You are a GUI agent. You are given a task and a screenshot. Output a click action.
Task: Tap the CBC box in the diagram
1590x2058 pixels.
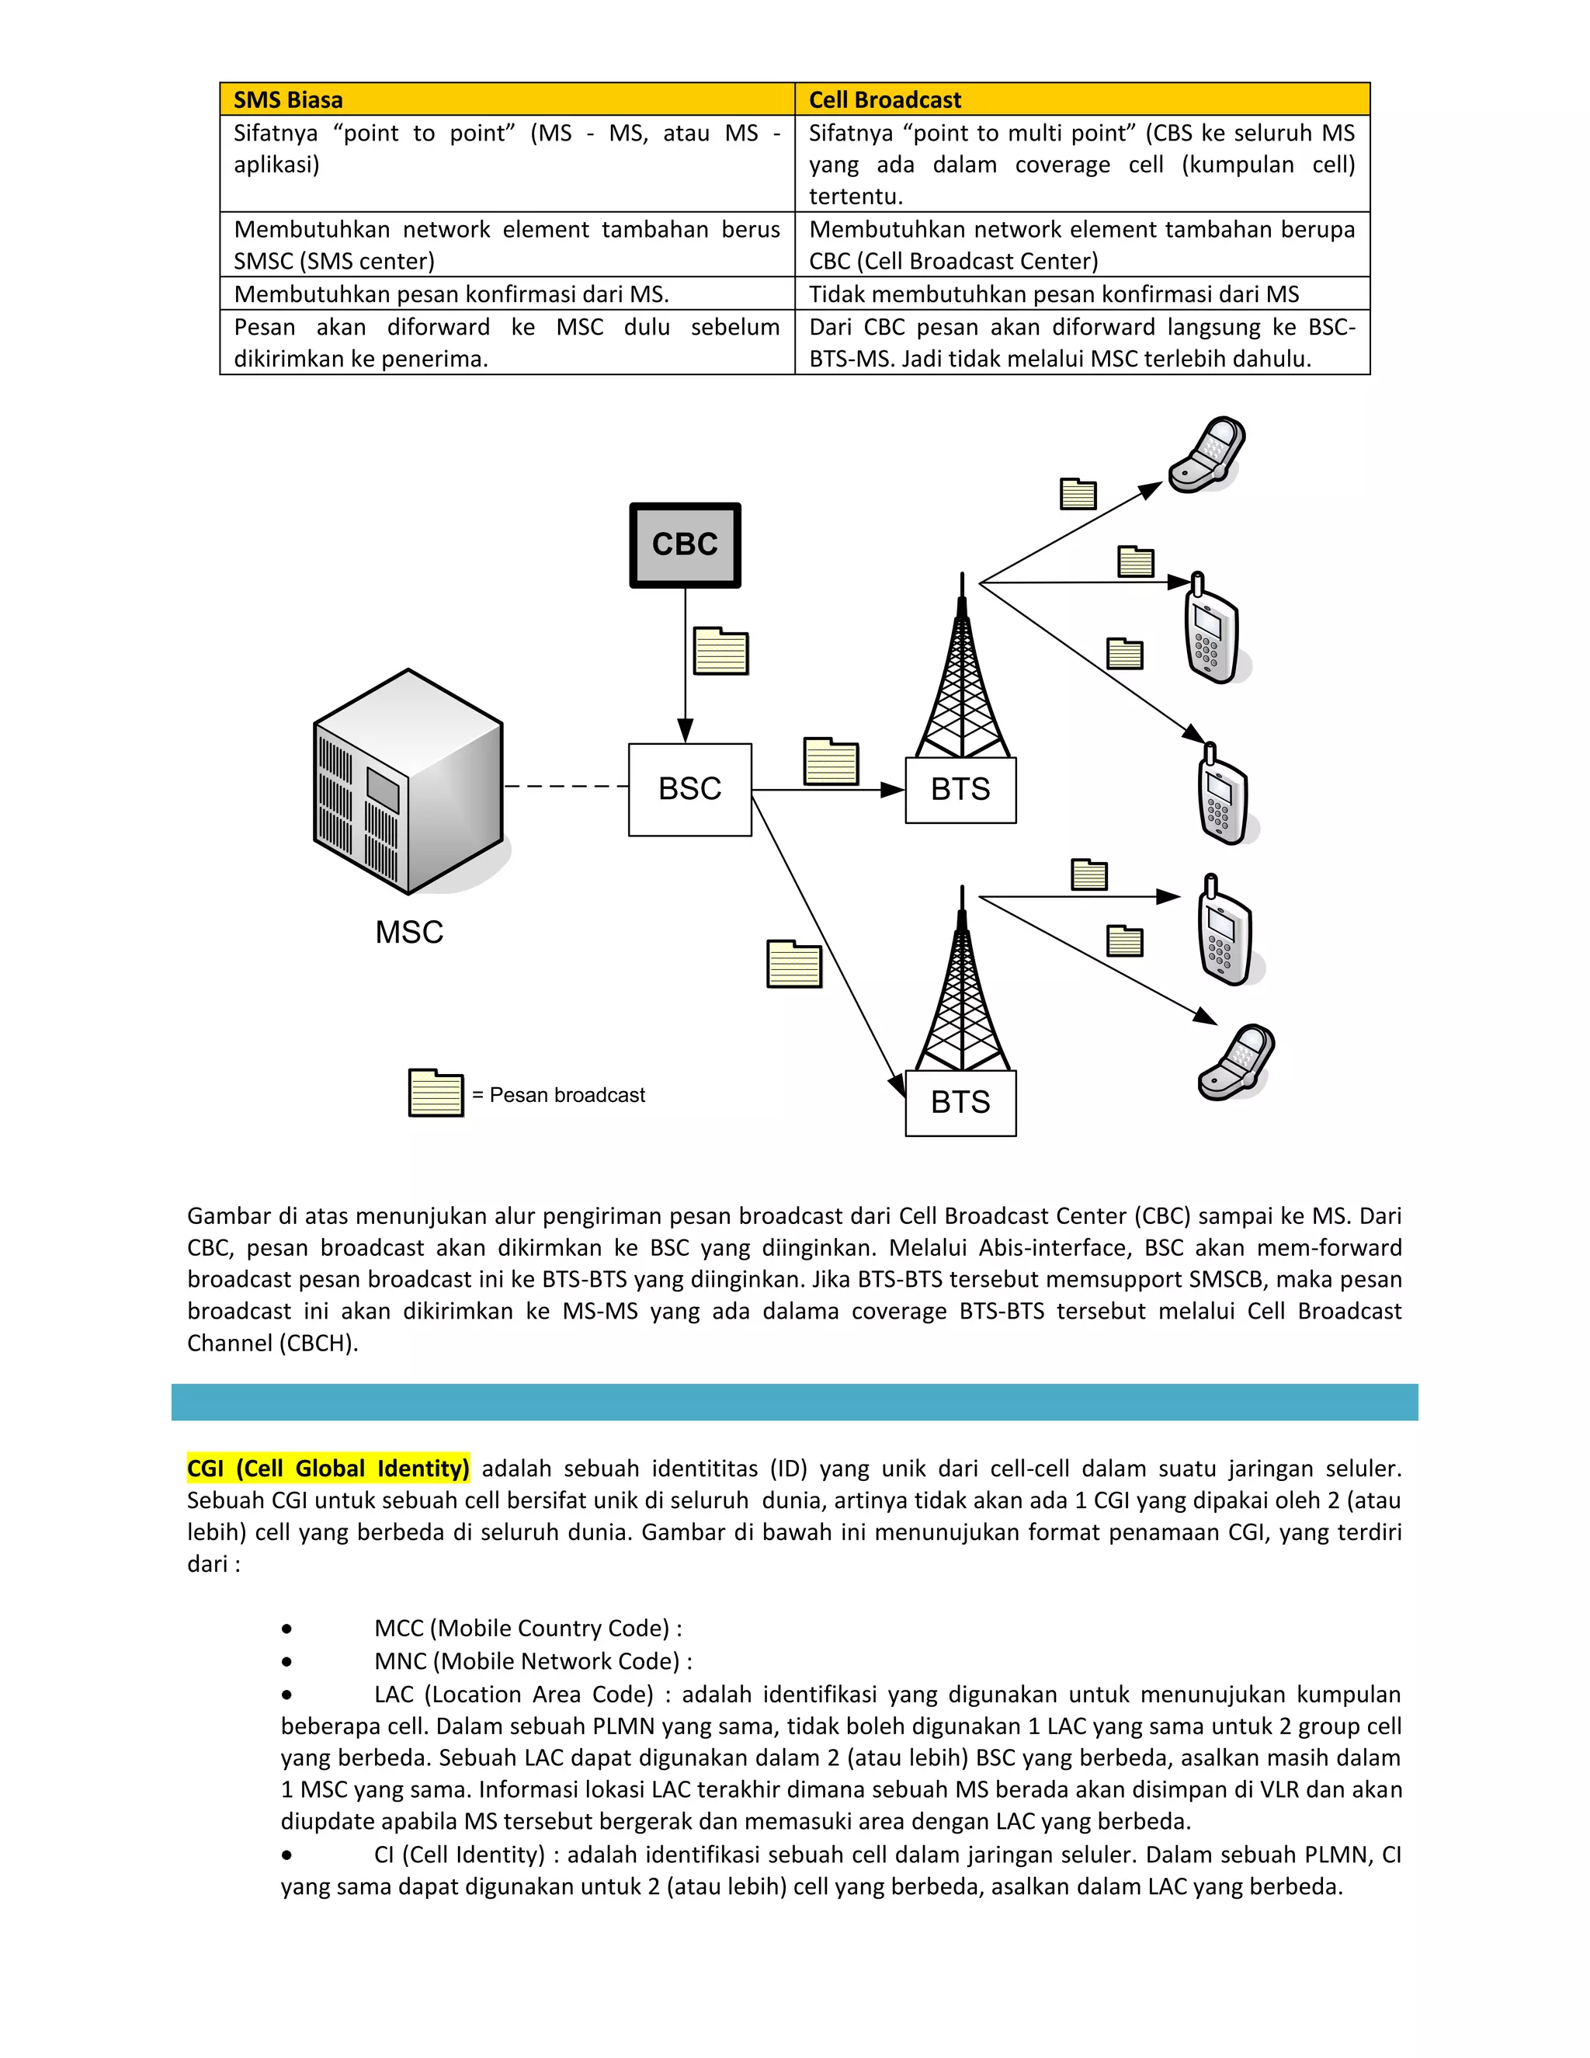685,544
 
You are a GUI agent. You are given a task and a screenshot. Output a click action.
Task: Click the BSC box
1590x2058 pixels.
689,789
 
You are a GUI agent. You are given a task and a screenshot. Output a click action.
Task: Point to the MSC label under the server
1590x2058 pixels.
409,932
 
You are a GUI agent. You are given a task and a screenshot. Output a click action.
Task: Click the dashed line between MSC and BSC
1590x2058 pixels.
565,786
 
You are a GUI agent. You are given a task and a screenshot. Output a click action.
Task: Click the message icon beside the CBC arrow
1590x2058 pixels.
720,651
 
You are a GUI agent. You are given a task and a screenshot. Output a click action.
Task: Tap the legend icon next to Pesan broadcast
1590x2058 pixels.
436,1093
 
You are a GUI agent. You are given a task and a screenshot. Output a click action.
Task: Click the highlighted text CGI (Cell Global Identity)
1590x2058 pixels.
328,1468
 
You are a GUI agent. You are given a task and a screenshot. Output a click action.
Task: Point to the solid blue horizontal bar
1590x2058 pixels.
794,1402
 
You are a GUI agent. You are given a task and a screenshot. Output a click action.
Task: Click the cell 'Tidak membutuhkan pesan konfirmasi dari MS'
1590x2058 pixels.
1053,294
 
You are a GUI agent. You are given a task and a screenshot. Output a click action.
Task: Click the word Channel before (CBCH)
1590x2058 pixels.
230,1343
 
